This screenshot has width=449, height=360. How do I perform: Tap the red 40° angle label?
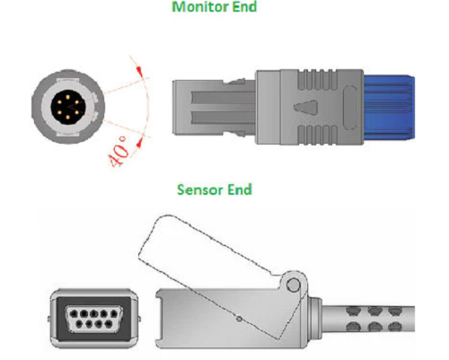click(x=119, y=151)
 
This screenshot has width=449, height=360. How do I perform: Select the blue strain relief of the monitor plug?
click(x=389, y=108)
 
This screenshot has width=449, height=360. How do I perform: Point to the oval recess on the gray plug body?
click(x=349, y=108)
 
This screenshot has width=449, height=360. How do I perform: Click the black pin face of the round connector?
click(x=68, y=107)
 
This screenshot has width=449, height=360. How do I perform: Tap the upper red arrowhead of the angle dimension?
click(x=139, y=70)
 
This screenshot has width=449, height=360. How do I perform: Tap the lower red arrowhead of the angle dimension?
click(x=139, y=144)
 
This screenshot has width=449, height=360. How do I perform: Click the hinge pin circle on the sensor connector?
click(x=294, y=285)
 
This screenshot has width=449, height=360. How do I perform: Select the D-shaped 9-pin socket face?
click(x=94, y=319)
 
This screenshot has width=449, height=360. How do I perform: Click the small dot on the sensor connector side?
click(x=239, y=319)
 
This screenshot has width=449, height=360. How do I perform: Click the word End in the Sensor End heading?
click(x=240, y=189)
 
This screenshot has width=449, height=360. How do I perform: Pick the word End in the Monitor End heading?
click(x=244, y=6)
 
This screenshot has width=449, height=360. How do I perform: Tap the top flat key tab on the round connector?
click(x=68, y=80)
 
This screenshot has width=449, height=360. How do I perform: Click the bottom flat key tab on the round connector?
click(x=68, y=134)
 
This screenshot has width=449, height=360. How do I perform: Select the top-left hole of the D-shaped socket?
click(x=74, y=313)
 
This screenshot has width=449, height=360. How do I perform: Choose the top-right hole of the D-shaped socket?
click(x=114, y=313)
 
